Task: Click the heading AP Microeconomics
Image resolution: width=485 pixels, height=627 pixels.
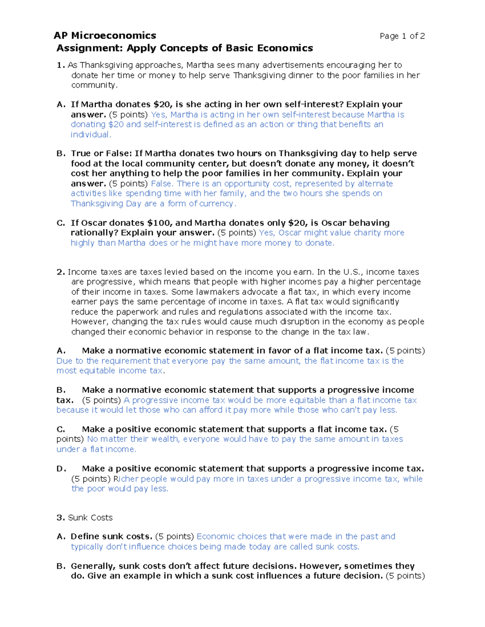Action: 105,36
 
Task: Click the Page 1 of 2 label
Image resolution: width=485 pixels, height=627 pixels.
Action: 402,36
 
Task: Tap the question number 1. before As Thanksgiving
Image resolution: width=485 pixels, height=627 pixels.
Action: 61,65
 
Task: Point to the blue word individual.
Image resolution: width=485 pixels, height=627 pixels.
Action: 91,135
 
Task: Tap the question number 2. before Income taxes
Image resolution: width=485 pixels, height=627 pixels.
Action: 61,272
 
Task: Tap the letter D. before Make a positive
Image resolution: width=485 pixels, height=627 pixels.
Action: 61,469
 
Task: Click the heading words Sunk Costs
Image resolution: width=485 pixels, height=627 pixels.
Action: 90,518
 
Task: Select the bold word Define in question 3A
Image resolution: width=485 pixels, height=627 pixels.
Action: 84,537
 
